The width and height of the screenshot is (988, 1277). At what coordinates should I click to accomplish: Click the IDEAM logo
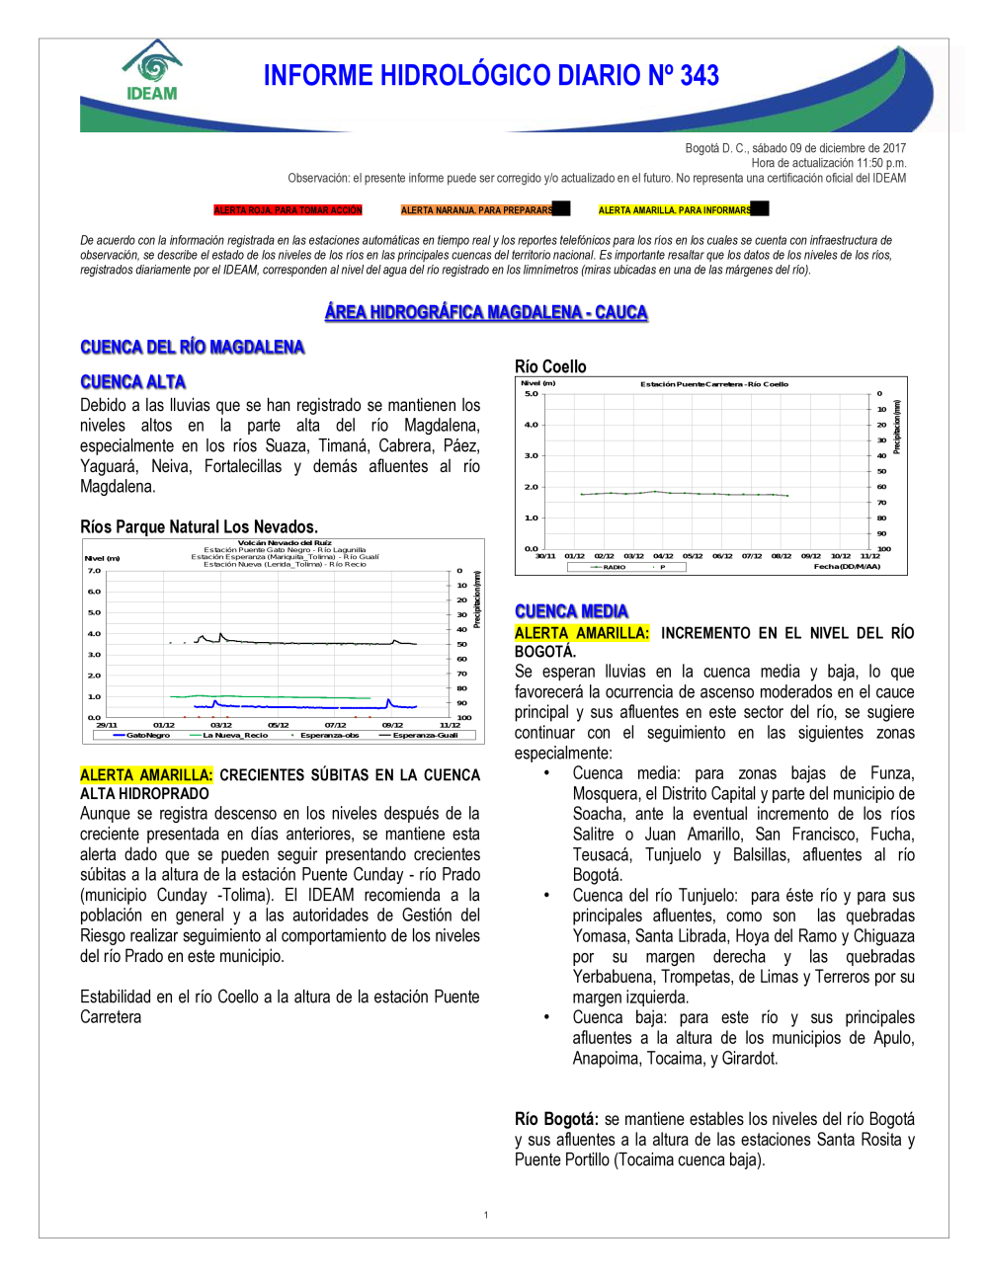pos(152,71)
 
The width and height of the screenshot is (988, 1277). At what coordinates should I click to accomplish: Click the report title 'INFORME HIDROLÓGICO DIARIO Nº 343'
pos(491,76)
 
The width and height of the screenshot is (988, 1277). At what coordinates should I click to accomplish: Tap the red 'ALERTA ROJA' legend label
pos(288,210)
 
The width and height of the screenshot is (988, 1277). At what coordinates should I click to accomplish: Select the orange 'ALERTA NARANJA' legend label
pos(477,210)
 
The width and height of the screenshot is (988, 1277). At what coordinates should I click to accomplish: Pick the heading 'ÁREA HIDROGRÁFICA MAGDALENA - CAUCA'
pos(486,312)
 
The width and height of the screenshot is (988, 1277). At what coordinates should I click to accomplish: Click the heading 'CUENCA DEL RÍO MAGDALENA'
pos(193,347)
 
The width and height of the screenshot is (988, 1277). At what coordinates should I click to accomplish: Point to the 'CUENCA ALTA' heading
pos(133,382)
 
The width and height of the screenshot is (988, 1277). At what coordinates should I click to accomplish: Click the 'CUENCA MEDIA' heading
pos(571,611)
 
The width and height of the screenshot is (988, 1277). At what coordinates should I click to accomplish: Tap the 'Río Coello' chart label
pos(550,366)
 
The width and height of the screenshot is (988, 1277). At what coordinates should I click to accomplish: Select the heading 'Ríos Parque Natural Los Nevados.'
pos(199,526)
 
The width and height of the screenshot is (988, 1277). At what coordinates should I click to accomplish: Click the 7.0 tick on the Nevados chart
pos(94,571)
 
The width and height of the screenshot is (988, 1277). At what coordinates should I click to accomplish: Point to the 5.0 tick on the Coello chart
pos(532,394)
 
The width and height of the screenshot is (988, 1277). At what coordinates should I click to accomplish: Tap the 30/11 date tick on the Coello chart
pos(545,556)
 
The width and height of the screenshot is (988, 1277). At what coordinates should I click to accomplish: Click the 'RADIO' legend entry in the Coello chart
pos(614,567)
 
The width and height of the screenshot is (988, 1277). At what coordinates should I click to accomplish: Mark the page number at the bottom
pos(486,1215)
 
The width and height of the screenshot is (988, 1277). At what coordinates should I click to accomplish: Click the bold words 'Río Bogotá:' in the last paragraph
pos(556,1119)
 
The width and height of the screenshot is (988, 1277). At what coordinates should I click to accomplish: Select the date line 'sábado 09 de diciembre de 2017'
pos(829,148)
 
